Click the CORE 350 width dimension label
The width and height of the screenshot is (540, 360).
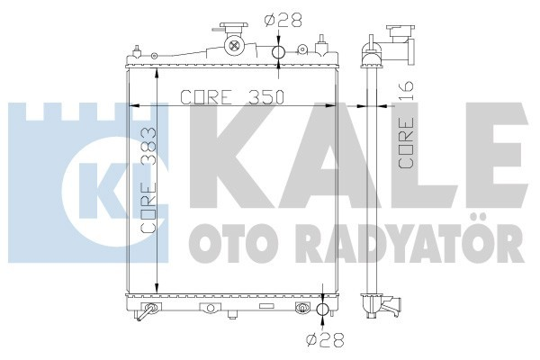pyautogui.click(x=232, y=97)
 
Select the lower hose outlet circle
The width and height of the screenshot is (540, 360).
pyautogui.click(x=321, y=310)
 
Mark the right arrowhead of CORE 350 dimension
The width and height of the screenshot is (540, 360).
pyautogui.click(x=335, y=106)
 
